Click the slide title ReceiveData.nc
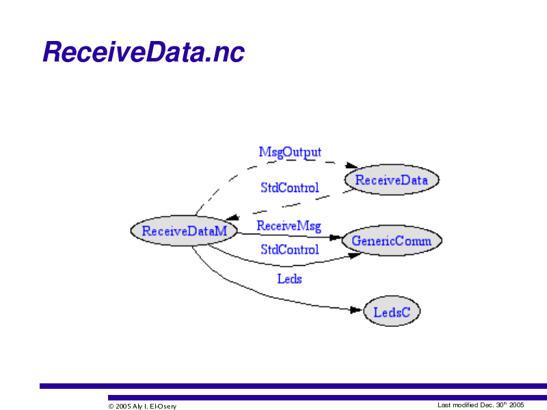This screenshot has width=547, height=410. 144,52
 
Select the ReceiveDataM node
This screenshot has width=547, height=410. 184,231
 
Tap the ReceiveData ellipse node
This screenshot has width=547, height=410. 392,180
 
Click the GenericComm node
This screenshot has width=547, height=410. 392,241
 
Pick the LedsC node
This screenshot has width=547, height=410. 392,312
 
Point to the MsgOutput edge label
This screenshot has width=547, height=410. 290,152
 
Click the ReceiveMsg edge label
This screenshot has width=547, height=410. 289,226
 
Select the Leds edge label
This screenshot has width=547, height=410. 289,279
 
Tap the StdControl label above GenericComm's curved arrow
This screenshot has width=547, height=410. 290,249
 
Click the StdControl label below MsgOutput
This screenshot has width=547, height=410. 290,188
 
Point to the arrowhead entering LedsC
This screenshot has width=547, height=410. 356,310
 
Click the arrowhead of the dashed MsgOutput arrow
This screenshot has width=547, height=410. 351,165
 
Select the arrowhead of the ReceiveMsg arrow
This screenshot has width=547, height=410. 336,238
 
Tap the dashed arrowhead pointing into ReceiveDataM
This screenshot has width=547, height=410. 232,217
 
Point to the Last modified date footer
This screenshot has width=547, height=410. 481,405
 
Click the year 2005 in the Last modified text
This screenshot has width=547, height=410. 517,405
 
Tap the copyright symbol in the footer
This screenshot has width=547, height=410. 111,406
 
